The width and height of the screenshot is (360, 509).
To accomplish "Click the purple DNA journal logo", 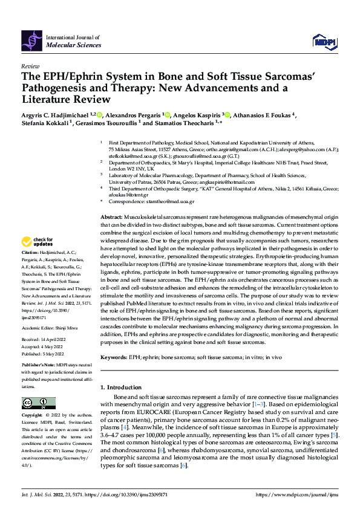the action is pyautogui.click(x=31, y=40).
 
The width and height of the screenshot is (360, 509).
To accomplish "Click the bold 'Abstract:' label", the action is pyautogui.click(x=113, y=165).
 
